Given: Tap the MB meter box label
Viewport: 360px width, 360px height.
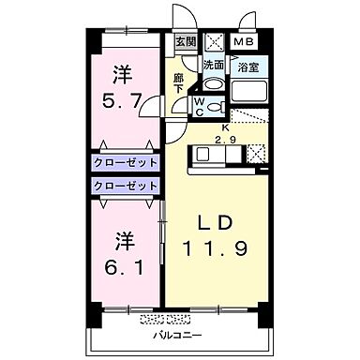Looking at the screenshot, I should (x=243, y=42).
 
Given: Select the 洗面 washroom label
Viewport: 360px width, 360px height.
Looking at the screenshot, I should (x=215, y=65).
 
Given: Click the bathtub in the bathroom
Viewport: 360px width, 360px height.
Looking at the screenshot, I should (x=248, y=92).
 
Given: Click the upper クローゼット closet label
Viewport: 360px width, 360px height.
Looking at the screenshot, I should (x=125, y=161).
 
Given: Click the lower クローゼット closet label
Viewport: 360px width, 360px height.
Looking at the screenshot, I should (x=125, y=185).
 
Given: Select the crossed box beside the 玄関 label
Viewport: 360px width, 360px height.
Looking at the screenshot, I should (x=213, y=42).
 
